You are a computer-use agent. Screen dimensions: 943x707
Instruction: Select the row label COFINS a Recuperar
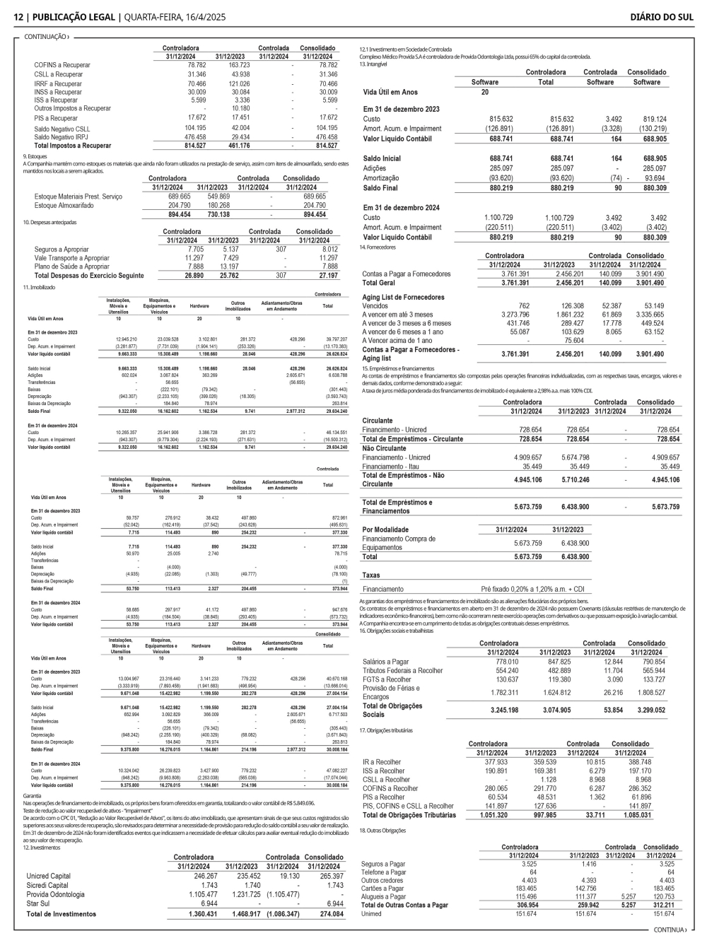(62, 65)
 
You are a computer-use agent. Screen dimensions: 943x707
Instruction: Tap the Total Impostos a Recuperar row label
(73, 146)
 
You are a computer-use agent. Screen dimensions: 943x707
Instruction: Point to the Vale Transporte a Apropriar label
(71, 258)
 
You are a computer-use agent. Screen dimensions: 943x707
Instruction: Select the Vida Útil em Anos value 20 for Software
(484, 92)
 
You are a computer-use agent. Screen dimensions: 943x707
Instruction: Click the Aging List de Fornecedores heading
(403, 298)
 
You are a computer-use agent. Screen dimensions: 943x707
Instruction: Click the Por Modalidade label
(385, 529)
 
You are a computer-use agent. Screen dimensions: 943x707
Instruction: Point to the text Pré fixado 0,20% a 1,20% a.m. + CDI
(533, 589)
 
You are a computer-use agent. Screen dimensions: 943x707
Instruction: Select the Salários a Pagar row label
(386, 662)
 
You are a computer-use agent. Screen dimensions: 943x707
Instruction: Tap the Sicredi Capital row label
(47, 885)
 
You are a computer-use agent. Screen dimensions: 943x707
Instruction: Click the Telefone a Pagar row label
(383, 872)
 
